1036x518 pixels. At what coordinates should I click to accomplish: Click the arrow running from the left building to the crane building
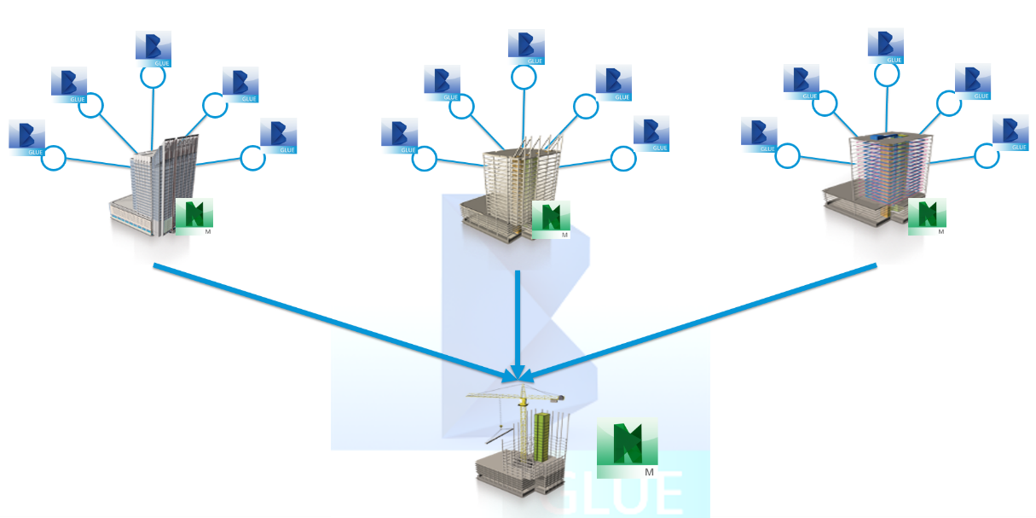pyautogui.click(x=333, y=320)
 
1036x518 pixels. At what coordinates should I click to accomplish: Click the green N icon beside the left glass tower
pyautogui.click(x=194, y=213)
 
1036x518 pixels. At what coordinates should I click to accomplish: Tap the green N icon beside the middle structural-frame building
pyautogui.click(x=551, y=219)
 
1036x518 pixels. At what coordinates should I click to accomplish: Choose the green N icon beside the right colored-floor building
pyautogui.click(x=927, y=216)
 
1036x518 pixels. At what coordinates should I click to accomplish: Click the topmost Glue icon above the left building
pyautogui.click(x=153, y=46)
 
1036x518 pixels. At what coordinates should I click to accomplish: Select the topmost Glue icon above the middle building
pyautogui.click(x=526, y=46)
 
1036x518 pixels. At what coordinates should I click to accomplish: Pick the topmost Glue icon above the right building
pyautogui.click(x=886, y=46)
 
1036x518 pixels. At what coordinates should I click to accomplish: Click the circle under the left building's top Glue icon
pyautogui.click(x=153, y=77)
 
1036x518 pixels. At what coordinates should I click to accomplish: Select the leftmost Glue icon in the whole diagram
pyautogui.click(x=26, y=137)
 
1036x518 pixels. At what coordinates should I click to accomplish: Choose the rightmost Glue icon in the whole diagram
pyautogui.click(x=1010, y=134)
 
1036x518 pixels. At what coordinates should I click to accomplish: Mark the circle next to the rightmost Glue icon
pyautogui.click(x=987, y=155)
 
